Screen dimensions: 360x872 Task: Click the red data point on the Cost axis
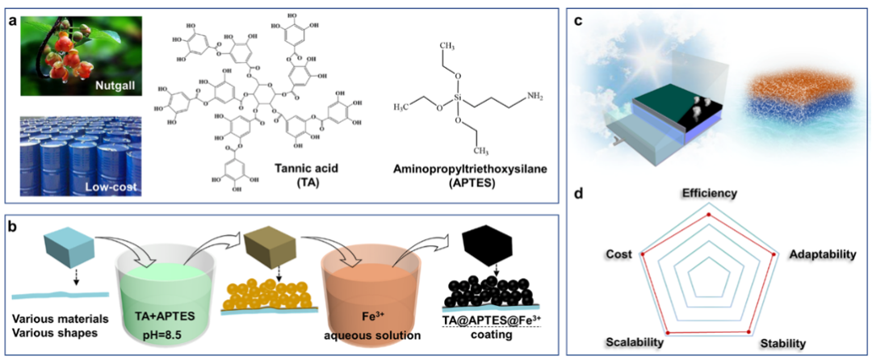point(643,254)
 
